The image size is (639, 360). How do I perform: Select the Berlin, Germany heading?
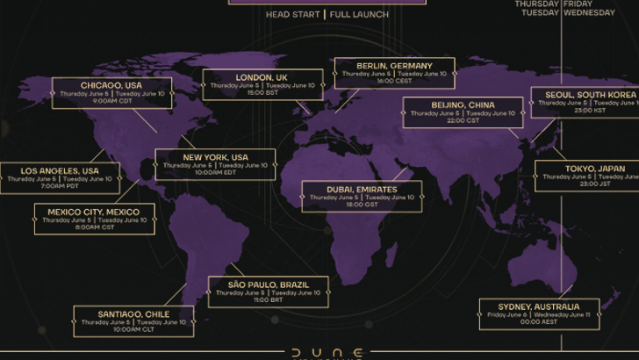coord(394,66)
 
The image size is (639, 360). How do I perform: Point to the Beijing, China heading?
coord(463,105)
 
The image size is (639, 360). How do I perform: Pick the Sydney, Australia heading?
coord(540,306)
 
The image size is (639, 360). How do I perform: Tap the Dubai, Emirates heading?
coord(361,190)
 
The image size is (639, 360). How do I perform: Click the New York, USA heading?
coord(215,157)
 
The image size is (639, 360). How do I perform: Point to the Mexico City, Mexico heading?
coord(94,212)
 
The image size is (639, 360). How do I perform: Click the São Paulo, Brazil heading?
coord(268,285)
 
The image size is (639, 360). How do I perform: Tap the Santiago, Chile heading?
coord(133,313)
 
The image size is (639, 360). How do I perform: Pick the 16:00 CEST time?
coord(394,82)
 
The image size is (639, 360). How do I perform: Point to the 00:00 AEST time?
coord(540,322)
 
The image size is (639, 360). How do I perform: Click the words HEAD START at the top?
coord(292,15)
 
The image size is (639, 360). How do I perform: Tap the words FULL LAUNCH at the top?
coord(360,15)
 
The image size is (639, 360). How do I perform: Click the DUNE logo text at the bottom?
coord(319,352)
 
